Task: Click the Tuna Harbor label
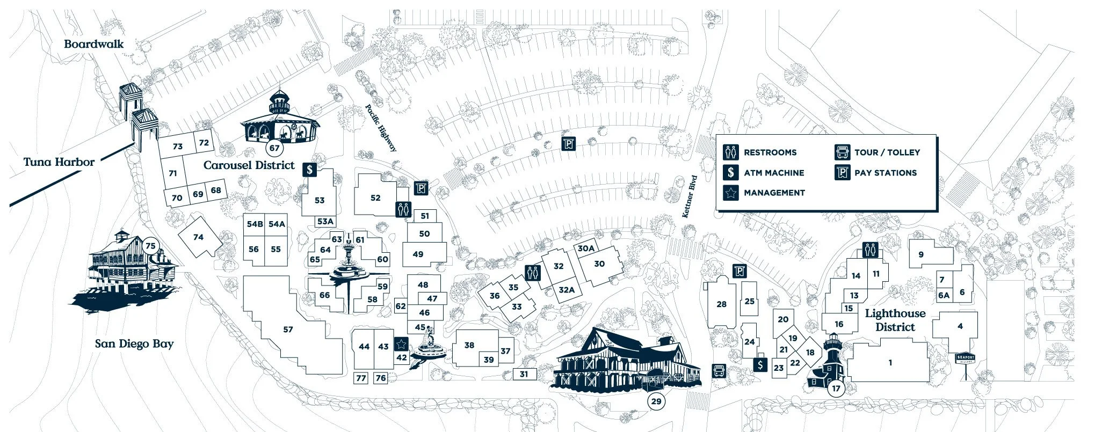[59, 162]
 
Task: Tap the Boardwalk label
[93, 44]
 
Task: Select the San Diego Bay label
[134, 343]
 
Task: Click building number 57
[288, 329]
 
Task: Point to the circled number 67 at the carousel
[274, 148]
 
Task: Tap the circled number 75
[150, 246]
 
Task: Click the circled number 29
[656, 401]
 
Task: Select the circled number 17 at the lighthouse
[836, 389]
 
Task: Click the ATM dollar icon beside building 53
[309, 170]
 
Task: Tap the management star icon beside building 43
[401, 343]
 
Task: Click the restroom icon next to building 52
[403, 209]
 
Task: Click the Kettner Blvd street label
[690, 196]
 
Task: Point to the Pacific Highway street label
[381, 128]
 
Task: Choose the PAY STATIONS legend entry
[885, 173]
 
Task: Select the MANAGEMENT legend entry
[774, 193]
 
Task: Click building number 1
[890, 363]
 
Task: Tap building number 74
[198, 237]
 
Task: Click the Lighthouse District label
[895, 320]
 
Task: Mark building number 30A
[586, 248]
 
